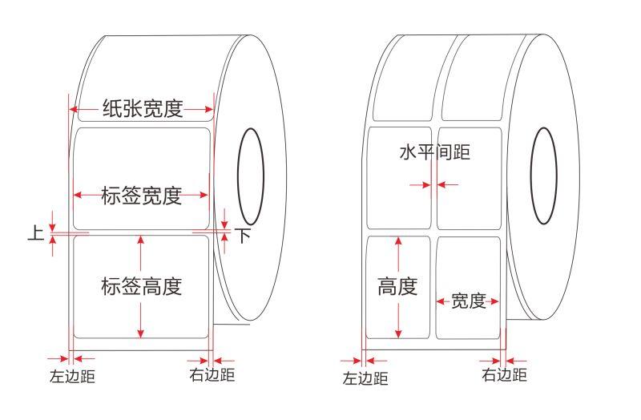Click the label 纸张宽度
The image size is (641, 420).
tap(142, 109)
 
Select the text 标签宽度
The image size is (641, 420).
tap(141, 195)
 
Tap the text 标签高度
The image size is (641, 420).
tap(141, 286)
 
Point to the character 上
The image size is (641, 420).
tap(36, 233)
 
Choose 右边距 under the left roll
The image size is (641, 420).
tap(212, 374)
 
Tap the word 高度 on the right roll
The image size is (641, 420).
tap(397, 286)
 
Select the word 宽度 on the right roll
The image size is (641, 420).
tap(468, 301)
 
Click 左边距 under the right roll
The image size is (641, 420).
tap(365, 378)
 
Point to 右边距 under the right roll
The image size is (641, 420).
tap(505, 374)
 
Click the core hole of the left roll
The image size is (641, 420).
tap(250, 176)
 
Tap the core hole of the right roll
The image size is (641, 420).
tap(544, 176)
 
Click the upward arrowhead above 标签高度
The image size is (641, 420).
tap(141, 240)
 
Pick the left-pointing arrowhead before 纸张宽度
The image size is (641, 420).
tap(74, 109)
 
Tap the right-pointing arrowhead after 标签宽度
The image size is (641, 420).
tap(205, 195)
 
